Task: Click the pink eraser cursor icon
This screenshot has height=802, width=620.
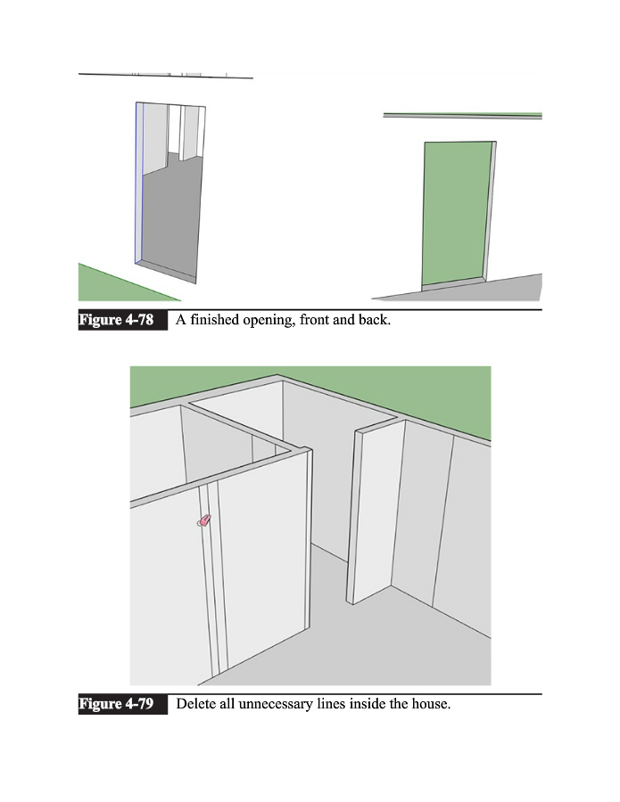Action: (204, 521)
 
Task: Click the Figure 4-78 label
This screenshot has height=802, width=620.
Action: (122, 320)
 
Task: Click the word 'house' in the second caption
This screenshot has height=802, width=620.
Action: (428, 705)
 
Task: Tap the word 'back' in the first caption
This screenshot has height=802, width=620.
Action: (373, 320)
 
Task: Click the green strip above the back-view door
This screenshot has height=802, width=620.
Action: (463, 114)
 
